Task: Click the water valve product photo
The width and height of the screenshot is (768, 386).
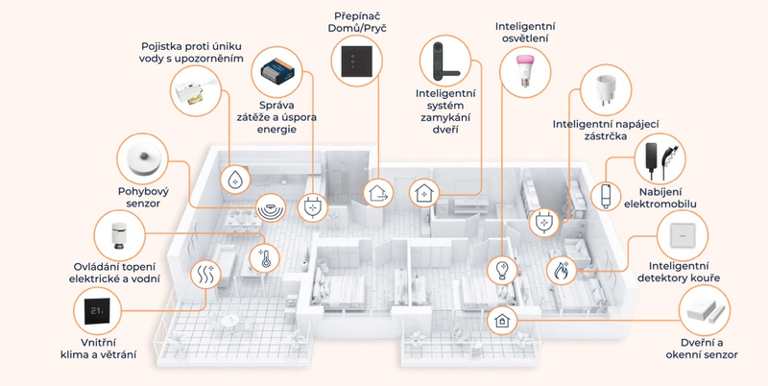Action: (x=197, y=91)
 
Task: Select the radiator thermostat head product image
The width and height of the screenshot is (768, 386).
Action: (x=120, y=235)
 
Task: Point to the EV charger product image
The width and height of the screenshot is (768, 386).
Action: (x=664, y=158)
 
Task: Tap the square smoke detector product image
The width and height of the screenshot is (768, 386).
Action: (x=682, y=234)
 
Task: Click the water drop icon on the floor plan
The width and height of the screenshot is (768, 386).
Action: (x=234, y=179)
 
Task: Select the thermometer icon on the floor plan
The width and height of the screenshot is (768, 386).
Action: (x=262, y=257)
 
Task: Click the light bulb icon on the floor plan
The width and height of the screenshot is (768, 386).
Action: (x=500, y=268)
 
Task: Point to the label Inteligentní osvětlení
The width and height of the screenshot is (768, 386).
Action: (x=525, y=33)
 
